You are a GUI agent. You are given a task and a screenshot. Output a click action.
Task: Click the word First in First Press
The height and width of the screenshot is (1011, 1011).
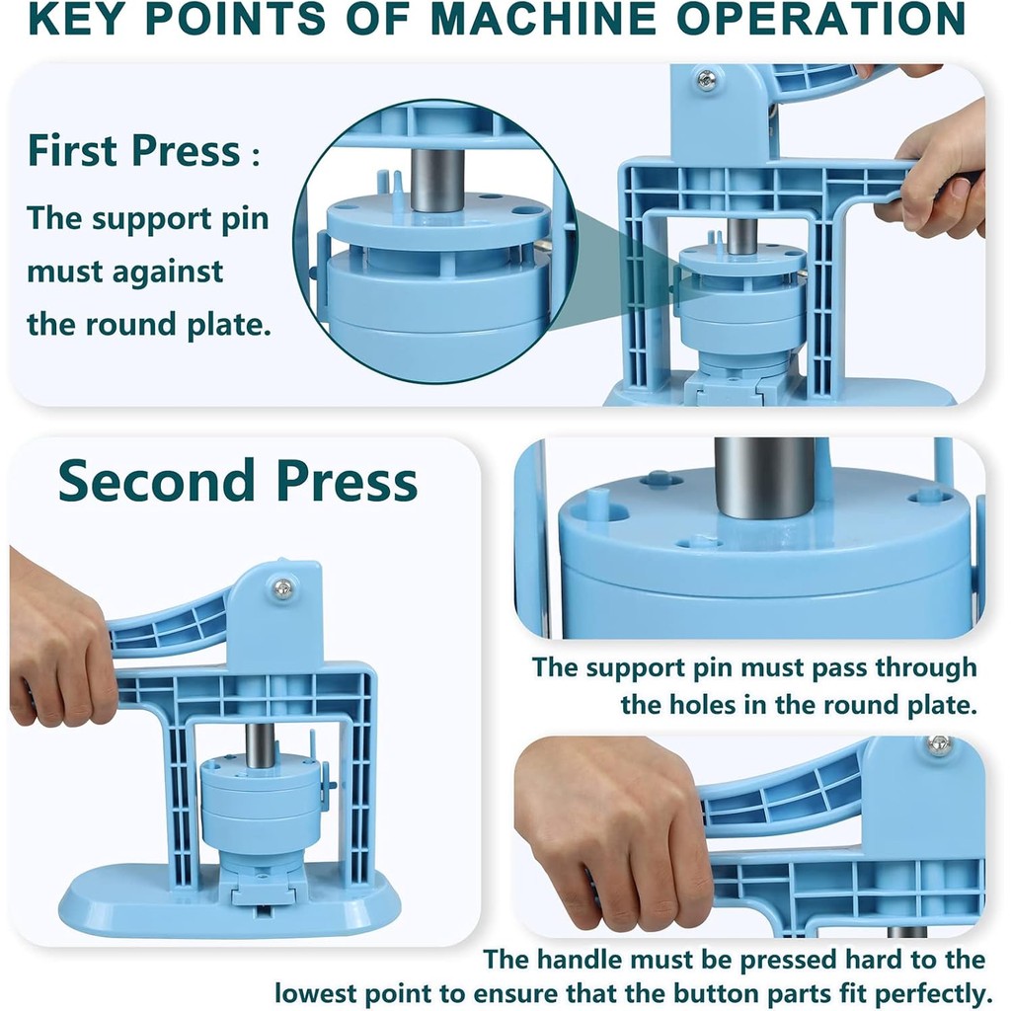(x=73, y=151)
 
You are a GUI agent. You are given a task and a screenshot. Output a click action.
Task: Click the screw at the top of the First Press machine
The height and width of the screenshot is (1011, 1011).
(x=707, y=81)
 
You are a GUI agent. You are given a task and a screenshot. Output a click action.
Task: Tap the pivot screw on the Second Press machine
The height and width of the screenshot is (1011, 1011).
(x=281, y=587)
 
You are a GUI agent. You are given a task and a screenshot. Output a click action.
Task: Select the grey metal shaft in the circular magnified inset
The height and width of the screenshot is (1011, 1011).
(x=436, y=180)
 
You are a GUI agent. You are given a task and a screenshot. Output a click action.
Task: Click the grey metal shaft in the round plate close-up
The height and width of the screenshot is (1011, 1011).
(x=764, y=479)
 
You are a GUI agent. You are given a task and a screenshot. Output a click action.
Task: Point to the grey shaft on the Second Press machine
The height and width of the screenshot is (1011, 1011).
(x=260, y=744)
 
